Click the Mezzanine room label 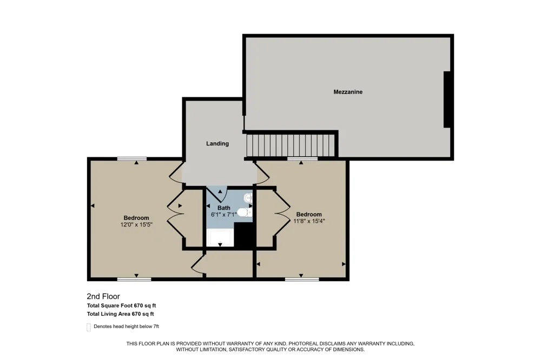[348, 92]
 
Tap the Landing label [217, 143]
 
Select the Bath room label [224, 208]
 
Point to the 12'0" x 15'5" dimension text [136, 224]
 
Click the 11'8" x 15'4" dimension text [309, 221]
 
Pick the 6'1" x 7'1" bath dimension [224, 215]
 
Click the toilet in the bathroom [245, 212]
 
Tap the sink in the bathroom [248, 198]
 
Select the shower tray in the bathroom [220, 238]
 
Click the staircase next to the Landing [291, 145]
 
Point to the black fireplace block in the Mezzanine [447, 99]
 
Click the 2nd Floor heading [103, 296]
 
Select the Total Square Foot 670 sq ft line [121, 305]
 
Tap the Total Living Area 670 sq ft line [121, 314]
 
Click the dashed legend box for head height [89, 327]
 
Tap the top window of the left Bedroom [132, 159]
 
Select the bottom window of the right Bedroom [302, 279]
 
